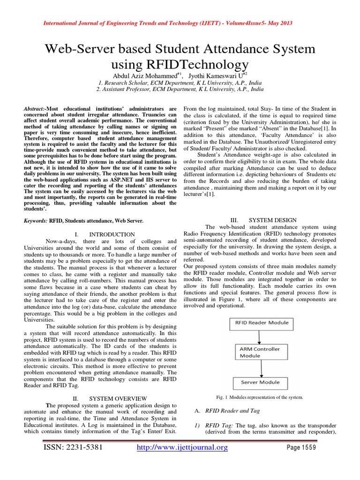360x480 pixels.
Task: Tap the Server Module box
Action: (x=261, y=382)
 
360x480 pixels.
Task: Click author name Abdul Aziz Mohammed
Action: (x=140, y=75)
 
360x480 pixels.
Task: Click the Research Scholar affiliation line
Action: (x=180, y=82)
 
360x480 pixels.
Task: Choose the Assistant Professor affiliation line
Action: (x=180, y=89)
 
